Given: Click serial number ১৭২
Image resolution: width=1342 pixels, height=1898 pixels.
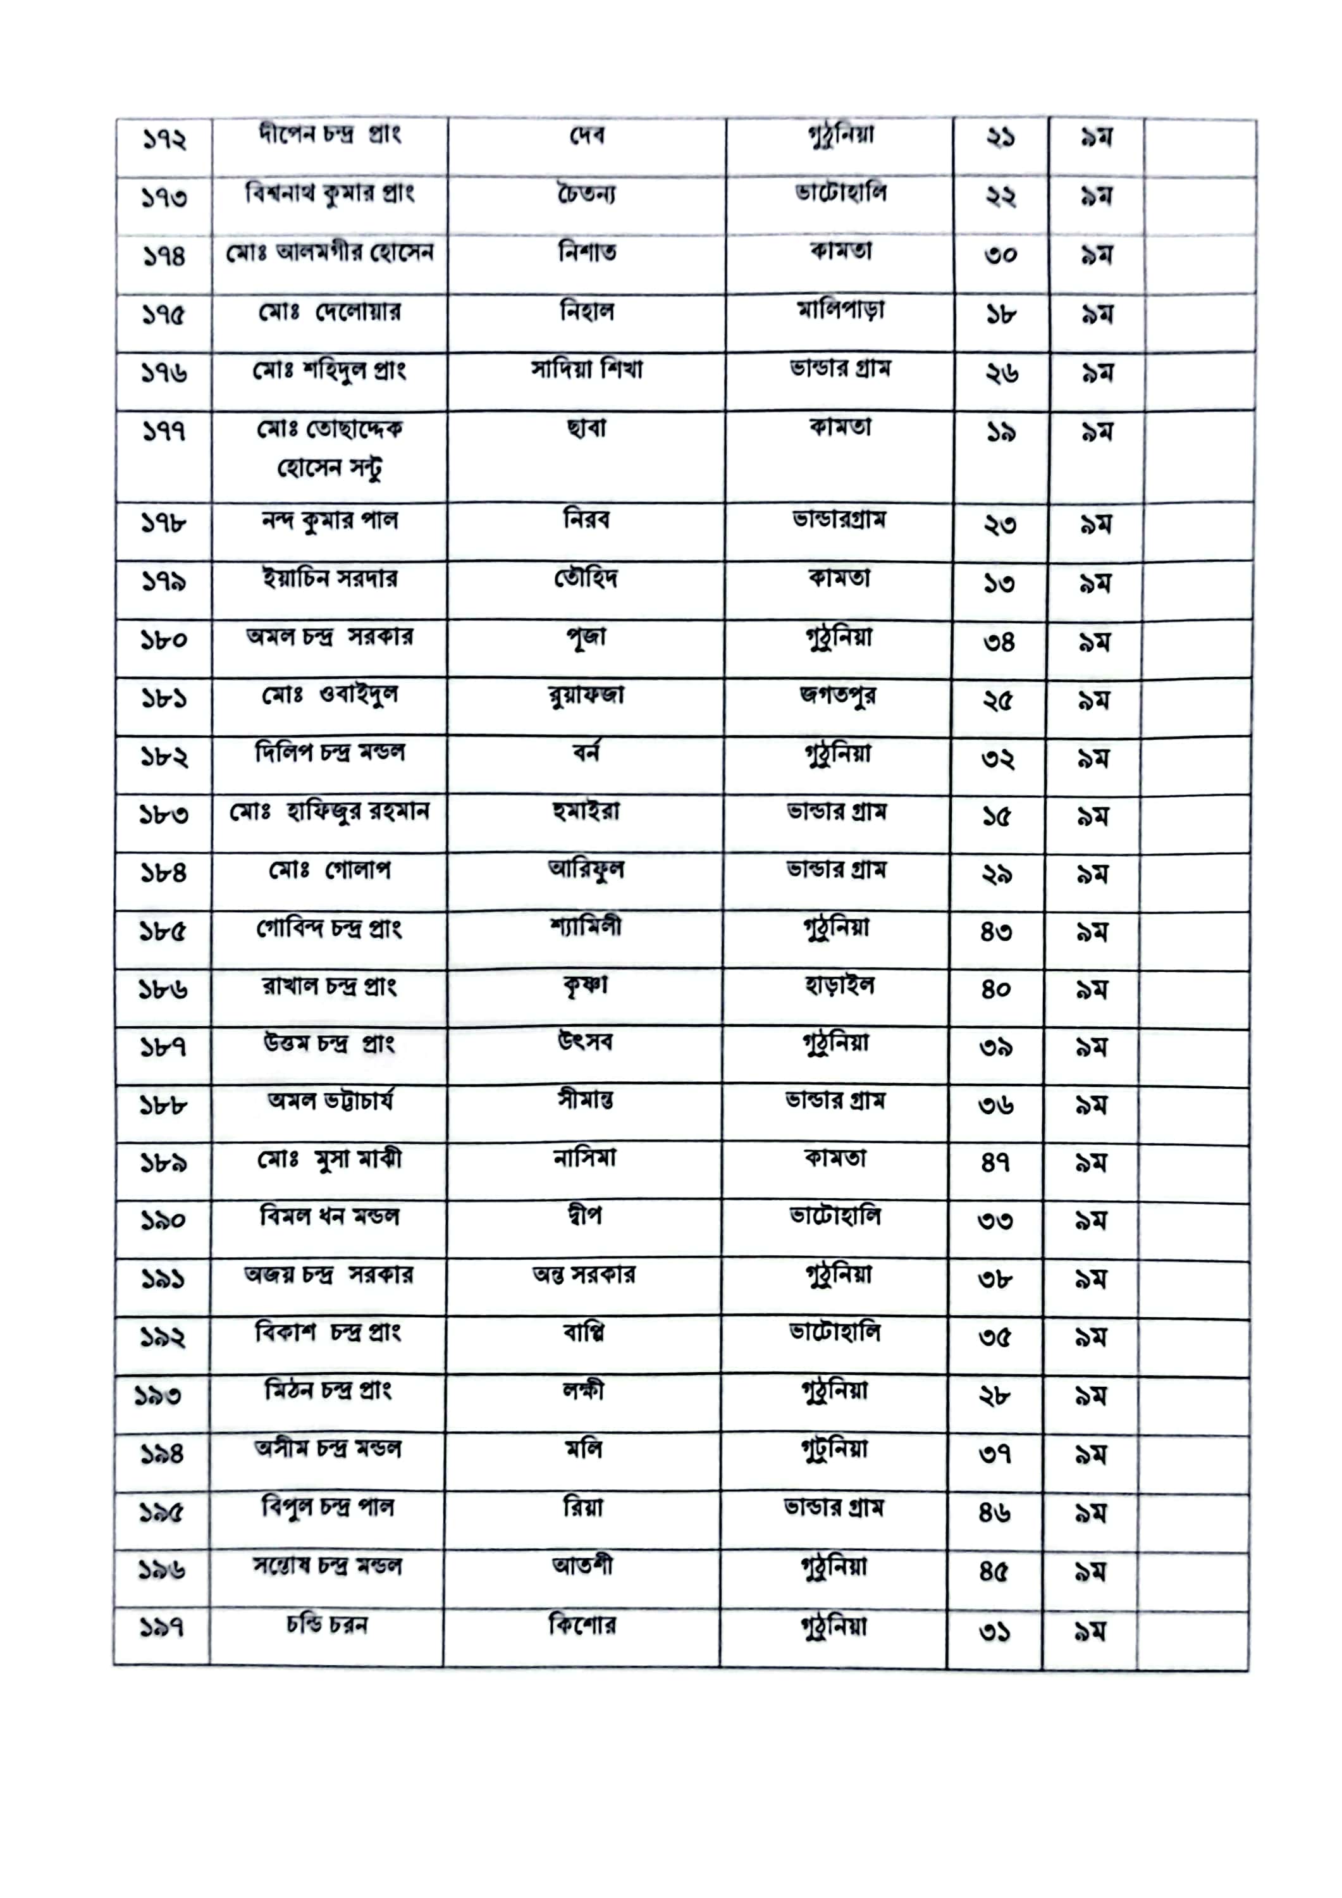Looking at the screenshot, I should [x=164, y=140].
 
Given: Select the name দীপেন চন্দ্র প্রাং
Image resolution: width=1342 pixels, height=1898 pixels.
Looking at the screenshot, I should [x=329, y=135].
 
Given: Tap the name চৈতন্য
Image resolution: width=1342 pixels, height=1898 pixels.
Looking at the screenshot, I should [x=586, y=195].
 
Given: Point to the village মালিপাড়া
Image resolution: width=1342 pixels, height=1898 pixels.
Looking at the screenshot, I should [x=840, y=311].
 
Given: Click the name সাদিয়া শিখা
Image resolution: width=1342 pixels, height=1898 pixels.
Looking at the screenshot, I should [x=586, y=369].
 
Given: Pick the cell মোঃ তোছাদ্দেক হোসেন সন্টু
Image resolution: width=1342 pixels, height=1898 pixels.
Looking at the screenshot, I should [x=329, y=449].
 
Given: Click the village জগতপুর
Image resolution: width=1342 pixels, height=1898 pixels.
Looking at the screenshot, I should [x=838, y=696].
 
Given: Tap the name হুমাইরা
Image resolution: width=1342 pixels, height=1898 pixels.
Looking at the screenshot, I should [x=585, y=812].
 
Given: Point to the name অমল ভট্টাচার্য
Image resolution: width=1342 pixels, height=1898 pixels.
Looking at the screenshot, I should [x=329, y=1101].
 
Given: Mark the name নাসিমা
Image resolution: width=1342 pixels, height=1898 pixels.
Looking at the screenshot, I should [x=584, y=1159].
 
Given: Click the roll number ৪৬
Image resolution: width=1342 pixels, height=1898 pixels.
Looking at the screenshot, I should [x=994, y=1512].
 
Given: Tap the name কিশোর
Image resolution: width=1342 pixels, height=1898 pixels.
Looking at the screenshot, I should [x=582, y=1626].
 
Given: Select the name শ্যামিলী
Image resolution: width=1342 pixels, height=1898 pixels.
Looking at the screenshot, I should [x=585, y=927].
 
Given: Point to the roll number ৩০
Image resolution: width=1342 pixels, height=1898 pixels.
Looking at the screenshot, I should [x=1000, y=254].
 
